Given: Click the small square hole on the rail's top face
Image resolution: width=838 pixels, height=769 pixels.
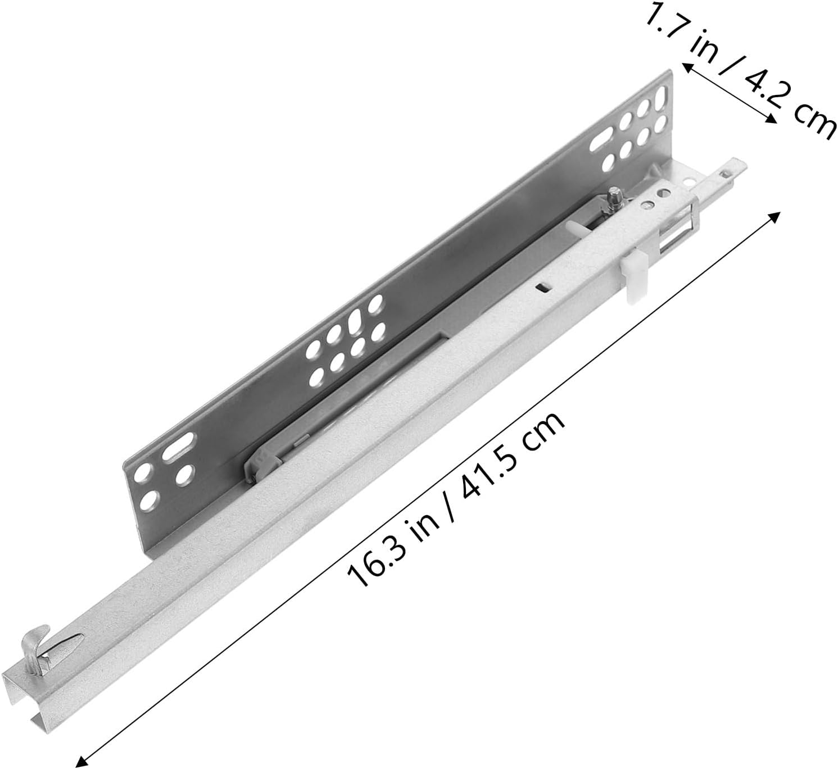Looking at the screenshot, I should pyautogui.click(x=542, y=288).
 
